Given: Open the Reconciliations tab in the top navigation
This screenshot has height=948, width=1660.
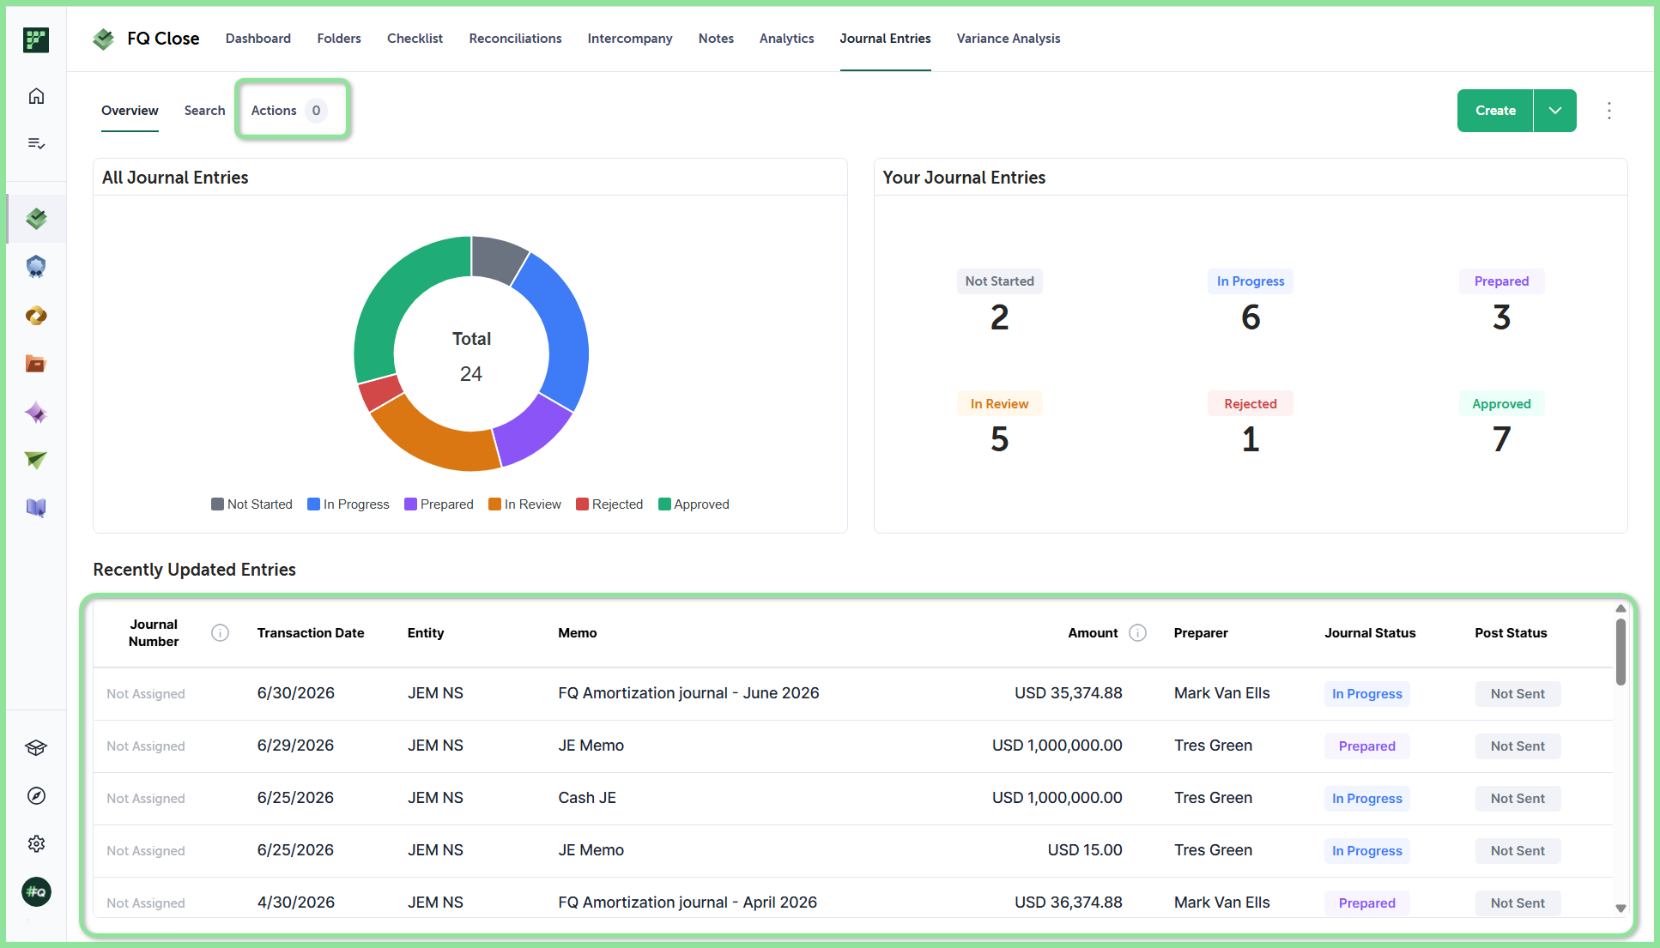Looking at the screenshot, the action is pyautogui.click(x=515, y=39).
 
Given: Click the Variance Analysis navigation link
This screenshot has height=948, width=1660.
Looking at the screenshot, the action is pyautogui.click(x=1009, y=39).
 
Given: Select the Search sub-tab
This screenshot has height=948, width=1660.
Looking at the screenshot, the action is pyautogui.click(x=204, y=111).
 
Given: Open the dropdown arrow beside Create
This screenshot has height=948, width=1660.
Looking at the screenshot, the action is pyautogui.click(x=1555, y=111).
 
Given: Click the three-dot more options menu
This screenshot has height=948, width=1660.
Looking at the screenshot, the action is pyautogui.click(x=1609, y=111).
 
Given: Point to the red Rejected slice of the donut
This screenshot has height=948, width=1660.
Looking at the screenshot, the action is pyautogui.click(x=380, y=392).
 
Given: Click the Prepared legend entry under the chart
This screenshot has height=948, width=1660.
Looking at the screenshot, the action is pyautogui.click(x=439, y=504).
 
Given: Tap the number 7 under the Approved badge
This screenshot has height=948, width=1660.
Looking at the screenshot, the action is pyautogui.click(x=1501, y=439).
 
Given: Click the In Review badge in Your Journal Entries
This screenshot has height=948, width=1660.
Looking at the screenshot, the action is pyautogui.click(x=999, y=404).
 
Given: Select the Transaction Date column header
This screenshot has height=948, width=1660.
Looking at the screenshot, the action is pyautogui.click(x=311, y=633).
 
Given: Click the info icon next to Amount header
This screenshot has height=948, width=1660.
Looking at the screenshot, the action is pyautogui.click(x=1138, y=633).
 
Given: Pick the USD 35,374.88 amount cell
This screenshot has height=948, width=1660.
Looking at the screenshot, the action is pyautogui.click(x=1069, y=693).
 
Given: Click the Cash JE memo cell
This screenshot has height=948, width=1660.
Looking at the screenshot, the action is pyautogui.click(x=587, y=798).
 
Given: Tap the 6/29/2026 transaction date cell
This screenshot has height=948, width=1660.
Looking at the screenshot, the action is pyautogui.click(x=295, y=746).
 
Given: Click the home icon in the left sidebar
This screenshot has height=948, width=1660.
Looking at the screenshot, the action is pyautogui.click(x=36, y=96).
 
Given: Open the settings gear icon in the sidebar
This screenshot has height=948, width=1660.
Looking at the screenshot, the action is pyautogui.click(x=36, y=843).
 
